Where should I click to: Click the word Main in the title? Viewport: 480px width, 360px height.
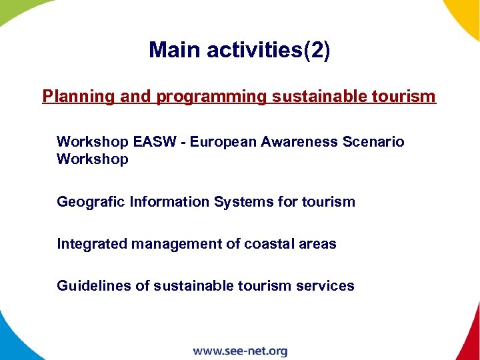173,50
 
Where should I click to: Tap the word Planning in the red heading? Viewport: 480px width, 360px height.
79,97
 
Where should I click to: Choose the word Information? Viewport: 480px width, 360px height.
169,201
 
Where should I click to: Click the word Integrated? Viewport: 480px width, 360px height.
91,244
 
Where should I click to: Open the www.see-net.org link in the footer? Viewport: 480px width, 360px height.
240,351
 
